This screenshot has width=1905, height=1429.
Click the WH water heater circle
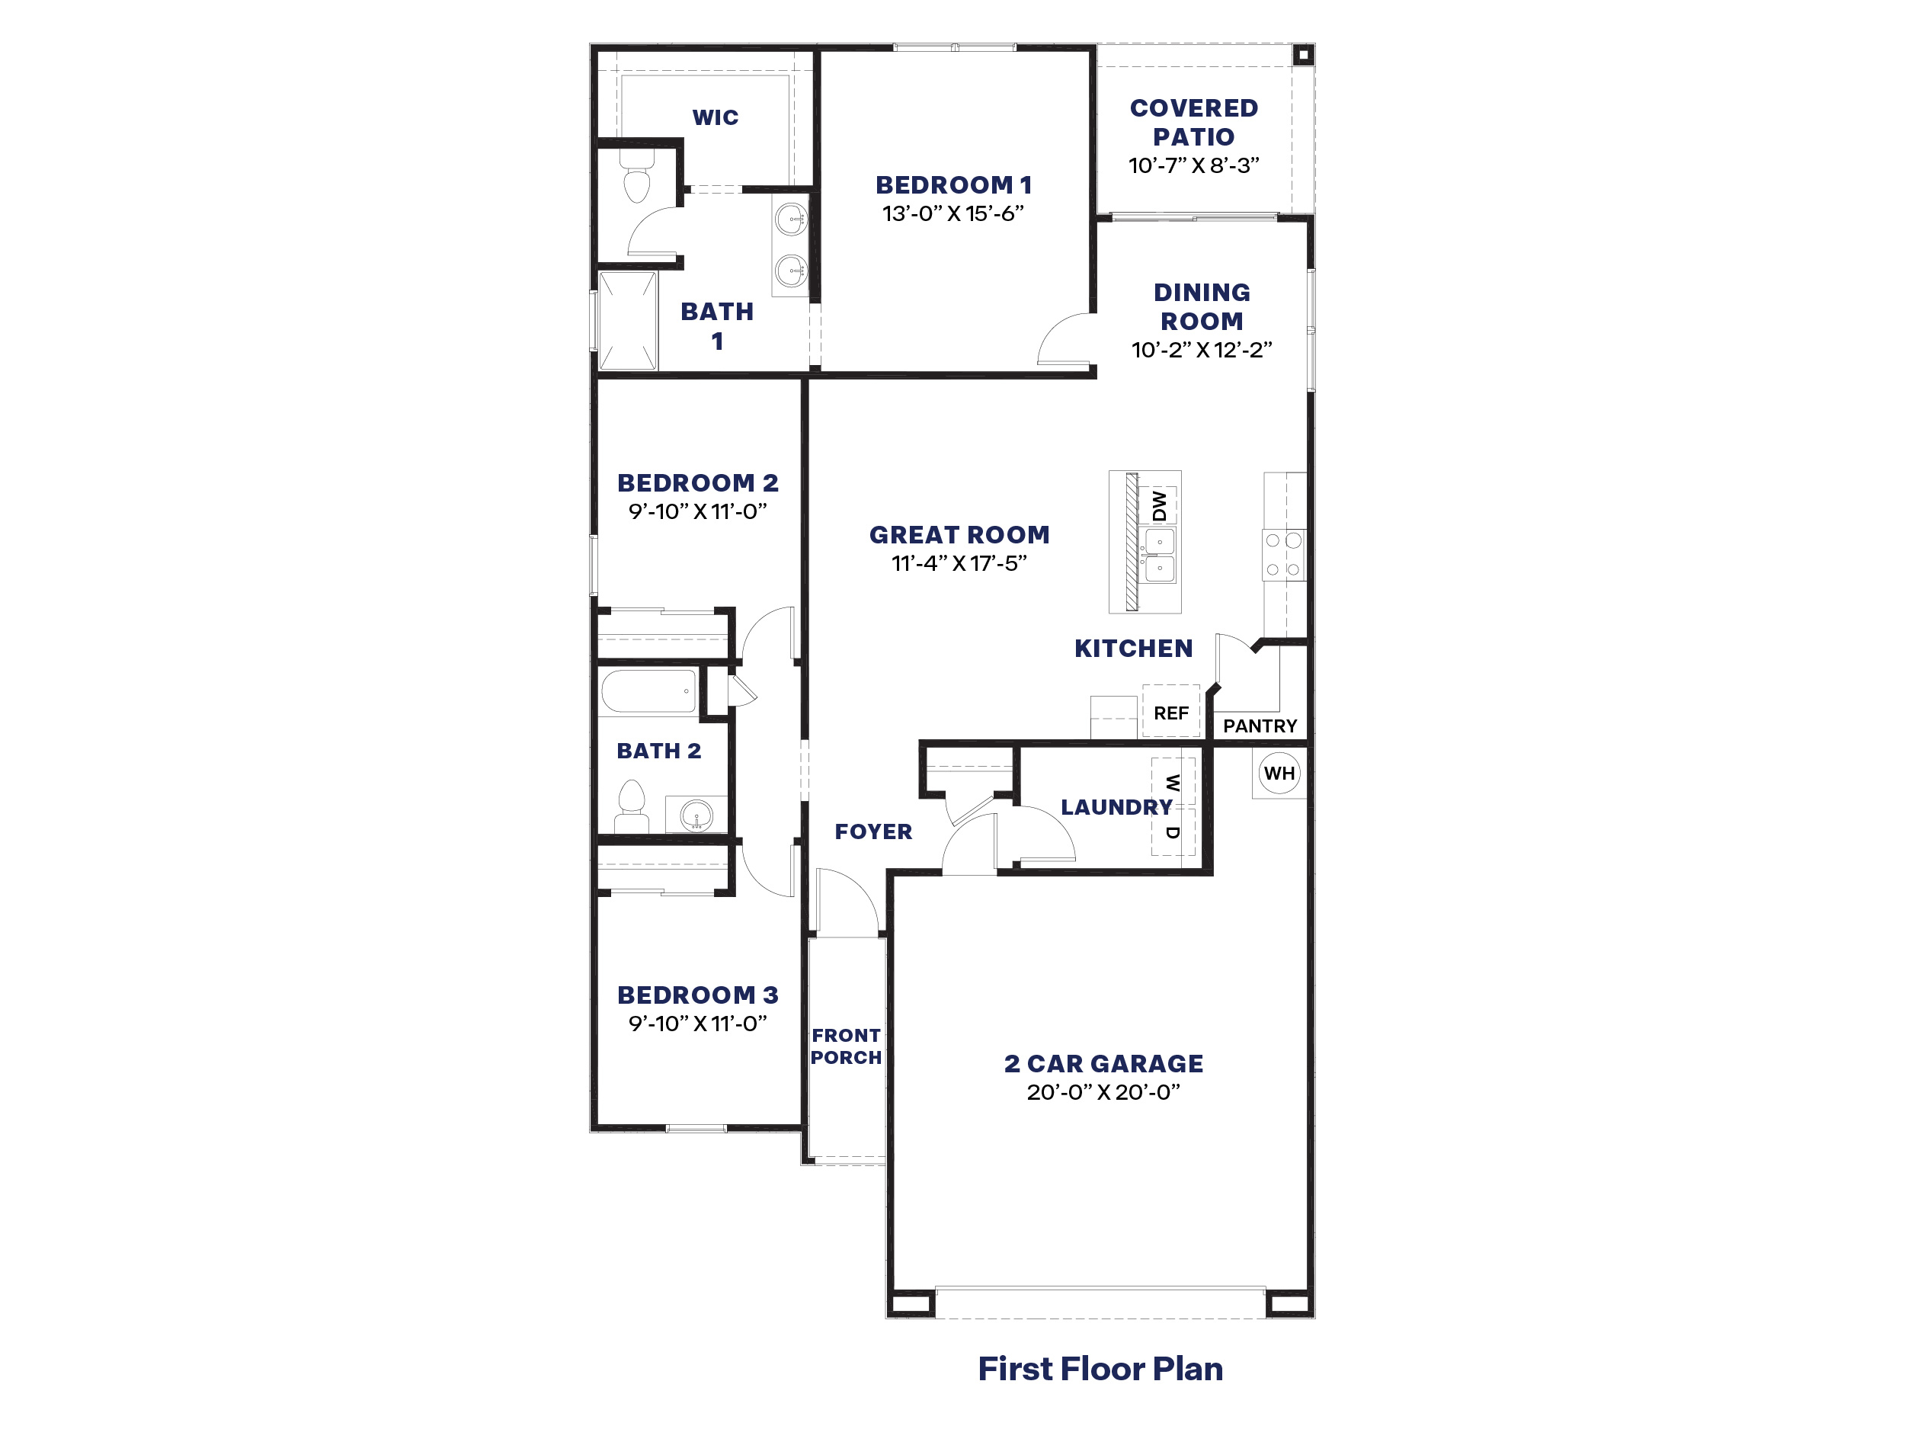point(1279,773)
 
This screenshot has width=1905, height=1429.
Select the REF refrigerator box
point(1171,712)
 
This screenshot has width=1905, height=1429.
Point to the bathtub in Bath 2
point(648,692)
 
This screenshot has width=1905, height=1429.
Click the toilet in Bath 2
point(632,805)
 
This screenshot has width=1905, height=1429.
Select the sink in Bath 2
point(696,814)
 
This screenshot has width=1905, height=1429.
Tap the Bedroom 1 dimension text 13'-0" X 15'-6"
point(952,213)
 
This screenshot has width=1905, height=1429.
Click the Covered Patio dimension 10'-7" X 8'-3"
point(1193,165)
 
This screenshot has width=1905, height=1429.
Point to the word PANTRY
point(1259,726)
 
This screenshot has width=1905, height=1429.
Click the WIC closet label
point(715,117)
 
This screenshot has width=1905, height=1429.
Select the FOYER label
point(873,831)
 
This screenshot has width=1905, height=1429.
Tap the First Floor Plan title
point(1100,1368)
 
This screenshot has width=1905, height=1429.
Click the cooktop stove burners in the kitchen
point(1283,555)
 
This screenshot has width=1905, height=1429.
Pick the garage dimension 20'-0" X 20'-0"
point(1103,1092)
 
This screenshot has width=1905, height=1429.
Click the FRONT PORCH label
point(846,1046)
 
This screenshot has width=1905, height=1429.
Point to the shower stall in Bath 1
point(628,320)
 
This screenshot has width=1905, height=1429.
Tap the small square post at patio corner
point(1303,55)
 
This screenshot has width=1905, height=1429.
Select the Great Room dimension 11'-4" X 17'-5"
point(959,563)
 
